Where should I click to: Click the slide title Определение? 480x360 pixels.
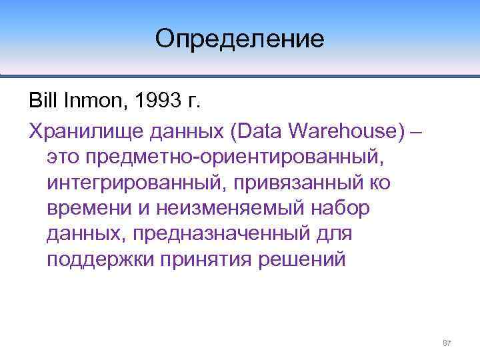(239, 38)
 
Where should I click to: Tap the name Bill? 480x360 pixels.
(44, 101)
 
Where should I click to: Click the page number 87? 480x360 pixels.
(447, 343)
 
